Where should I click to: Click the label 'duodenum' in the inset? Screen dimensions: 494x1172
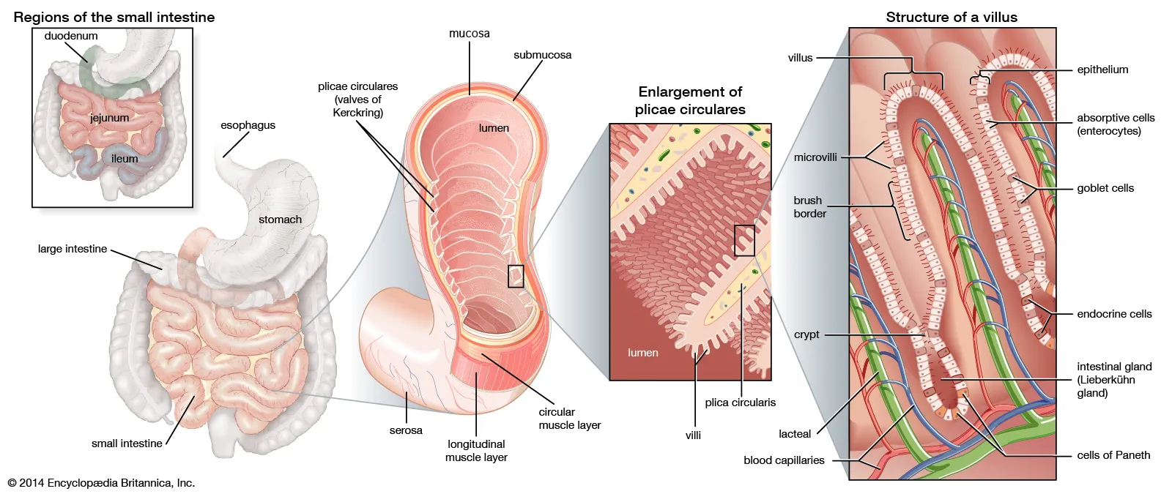tap(71, 36)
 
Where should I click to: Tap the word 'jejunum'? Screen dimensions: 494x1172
tap(109, 118)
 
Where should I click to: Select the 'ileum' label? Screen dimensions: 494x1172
tap(125, 159)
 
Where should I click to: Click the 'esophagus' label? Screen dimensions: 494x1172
tap(248, 125)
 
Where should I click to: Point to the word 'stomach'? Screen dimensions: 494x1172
tap(280, 220)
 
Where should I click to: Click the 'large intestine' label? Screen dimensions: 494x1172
tap(73, 249)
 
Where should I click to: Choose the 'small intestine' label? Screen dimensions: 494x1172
tap(127, 444)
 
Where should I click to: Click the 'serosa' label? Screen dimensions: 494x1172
tap(406, 430)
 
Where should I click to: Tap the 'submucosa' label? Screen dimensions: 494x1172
tap(542, 55)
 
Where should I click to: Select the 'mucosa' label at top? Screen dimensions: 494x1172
tap(470, 34)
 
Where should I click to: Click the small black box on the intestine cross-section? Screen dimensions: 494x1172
tap(516, 276)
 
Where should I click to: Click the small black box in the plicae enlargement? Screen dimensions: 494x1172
tap(744, 240)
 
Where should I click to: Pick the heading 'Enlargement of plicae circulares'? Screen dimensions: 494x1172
tap(690, 100)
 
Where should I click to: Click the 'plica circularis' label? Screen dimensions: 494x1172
tap(740, 403)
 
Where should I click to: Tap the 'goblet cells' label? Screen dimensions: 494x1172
tap(1105, 188)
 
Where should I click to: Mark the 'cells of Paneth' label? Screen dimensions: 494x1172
tap(1113, 455)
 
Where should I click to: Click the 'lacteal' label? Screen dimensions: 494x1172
tap(795, 434)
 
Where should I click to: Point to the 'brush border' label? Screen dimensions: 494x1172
tap(809, 207)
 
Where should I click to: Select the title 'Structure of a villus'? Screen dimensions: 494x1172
tap(951, 17)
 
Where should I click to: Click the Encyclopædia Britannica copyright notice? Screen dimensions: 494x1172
tap(101, 483)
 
